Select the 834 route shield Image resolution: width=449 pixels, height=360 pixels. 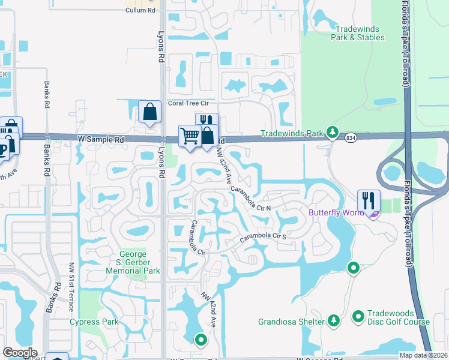point(350,139)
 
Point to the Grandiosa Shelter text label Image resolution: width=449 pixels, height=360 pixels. point(292,322)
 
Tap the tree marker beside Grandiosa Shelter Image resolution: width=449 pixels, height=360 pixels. point(333,322)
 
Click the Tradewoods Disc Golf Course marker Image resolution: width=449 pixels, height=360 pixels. point(358,316)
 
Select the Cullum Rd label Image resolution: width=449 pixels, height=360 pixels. point(140,10)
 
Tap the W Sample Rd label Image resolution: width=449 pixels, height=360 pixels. point(101,139)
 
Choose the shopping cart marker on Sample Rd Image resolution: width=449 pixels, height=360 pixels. point(190,135)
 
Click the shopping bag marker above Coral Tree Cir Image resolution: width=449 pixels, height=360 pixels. point(149,111)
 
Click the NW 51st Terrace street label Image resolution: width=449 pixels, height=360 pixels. point(71,287)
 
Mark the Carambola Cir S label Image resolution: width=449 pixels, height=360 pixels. point(264,237)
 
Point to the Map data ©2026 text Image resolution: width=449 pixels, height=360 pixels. point(424,355)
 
